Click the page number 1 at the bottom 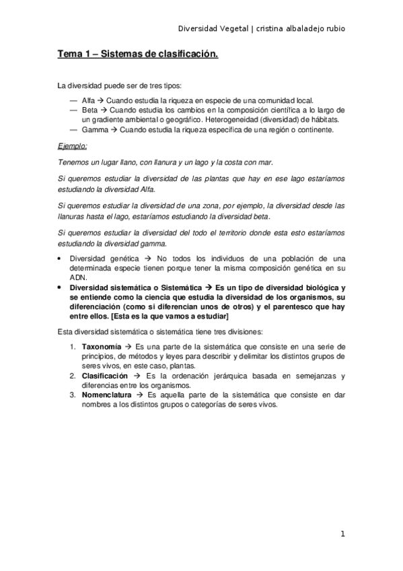pyautogui.click(x=342, y=535)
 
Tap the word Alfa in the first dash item pyautogui.click(x=87, y=100)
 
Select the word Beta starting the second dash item pyautogui.click(x=89, y=110)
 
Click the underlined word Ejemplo pyautogui.click(x=73, y=146)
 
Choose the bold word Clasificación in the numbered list pyautogui.click(x=107, y=376)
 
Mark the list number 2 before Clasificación pyautogui.click(x=73, y=376)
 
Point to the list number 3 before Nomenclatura pyautogui.click(x=73, y=395)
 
